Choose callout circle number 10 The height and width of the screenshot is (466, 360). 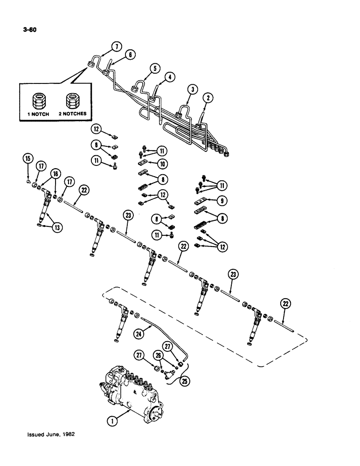click(162, 164)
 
